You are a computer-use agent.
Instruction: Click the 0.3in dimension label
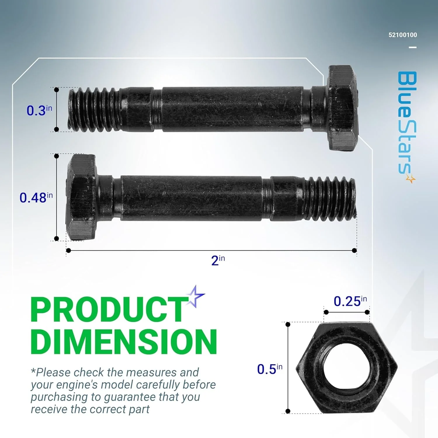pos(39,110)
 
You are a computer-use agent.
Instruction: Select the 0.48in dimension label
pos(36,197)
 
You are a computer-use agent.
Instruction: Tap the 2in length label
pos(218,260)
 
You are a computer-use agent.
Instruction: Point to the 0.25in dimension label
pos(350,301)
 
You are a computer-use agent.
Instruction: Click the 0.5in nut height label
pos(270,369)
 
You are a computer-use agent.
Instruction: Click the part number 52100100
pos(403,35)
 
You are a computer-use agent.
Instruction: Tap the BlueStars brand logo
pos(407,126)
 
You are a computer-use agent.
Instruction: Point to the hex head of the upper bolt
pos(342,108)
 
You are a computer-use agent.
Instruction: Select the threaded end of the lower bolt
pos(330,199)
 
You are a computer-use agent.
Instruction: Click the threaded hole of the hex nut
pos(346,367)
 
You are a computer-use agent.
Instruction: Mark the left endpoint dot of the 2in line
pos(69,251)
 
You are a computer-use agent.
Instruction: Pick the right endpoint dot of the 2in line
pos(354,251)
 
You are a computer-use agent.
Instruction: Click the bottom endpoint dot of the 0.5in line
pos(288,411)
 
